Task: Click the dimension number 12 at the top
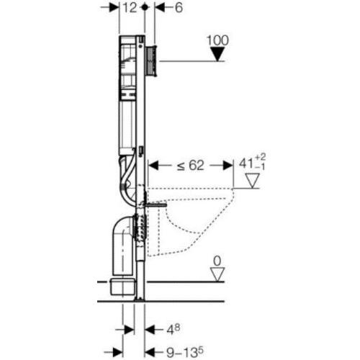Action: click(130, 8)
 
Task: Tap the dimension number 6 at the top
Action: click(179, 8)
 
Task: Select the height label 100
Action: click(217, 40)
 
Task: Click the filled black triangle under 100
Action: click(217, 54)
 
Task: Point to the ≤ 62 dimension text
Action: click(191, 166)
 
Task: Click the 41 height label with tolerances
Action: click(252, 163)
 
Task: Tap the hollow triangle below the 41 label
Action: click(252, 181)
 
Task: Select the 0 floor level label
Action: click(217, 261)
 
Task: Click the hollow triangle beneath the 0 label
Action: click(217, 274)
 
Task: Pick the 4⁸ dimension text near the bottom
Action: click(174, 330)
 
